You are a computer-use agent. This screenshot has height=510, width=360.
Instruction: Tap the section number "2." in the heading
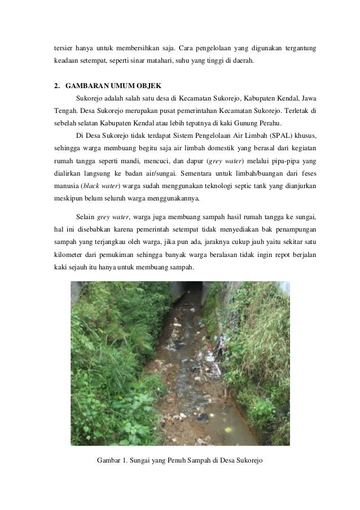pyautogui.click(x=57, y=87)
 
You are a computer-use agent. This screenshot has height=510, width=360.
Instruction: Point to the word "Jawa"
pyautogui.click(x=307, y=98)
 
